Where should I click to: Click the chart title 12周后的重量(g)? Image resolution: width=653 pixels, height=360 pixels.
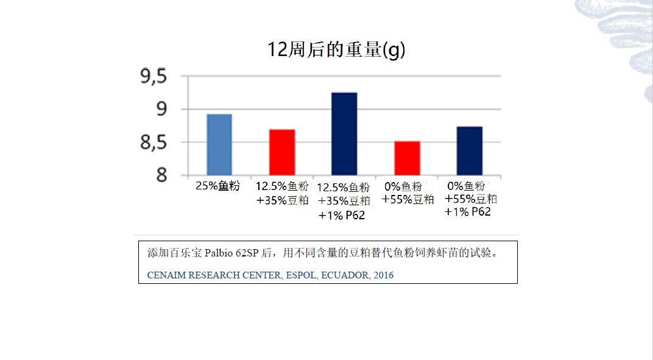pyautogui.click(x=336, y=49)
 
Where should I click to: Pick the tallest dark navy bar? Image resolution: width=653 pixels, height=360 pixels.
pyautogui.click(x=344, y=134)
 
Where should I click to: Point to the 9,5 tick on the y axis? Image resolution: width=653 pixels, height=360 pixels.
pyautogui.click(x=153, y=77)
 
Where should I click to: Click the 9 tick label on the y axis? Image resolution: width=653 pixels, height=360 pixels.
pyautogui.click(x=161, y=110)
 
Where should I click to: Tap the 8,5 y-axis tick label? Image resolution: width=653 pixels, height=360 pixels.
pyautogui.click(x=153, y=143)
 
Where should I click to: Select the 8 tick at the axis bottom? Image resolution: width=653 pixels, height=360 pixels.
pyautogui.click(x=161, y=175)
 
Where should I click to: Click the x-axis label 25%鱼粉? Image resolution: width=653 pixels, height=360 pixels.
pyautogui.click(x=217, y=186)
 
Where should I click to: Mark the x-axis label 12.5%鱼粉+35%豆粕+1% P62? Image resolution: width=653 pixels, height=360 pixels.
pyautogui.click(x=344, y=201)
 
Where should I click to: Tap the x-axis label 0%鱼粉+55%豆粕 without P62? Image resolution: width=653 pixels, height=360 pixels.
pyautogui.click(x=408, y=193)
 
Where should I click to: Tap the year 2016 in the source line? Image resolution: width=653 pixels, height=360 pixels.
pyautogui.click(x=384, y=275)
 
